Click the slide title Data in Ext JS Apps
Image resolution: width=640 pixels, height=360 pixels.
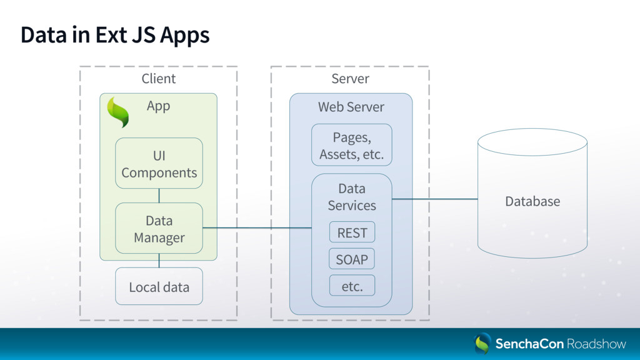click(x=115, y=36)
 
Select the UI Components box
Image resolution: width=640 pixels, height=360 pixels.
click(x=159, y=163)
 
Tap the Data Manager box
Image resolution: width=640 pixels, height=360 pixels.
click(x=159, y=228)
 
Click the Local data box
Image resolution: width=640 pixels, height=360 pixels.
click(x=159, y=286)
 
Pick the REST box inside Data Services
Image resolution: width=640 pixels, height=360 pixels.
click(x=352, y=232)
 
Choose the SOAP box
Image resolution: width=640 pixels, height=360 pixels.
click(x=352, y=259)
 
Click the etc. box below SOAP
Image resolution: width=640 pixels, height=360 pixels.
click(x=352, y=286)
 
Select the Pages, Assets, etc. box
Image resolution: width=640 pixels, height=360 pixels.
click(x=352, y=145)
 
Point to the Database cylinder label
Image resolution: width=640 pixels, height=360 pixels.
click(x=532, y=201)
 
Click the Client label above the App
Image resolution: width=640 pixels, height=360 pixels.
click(x=158, y=78)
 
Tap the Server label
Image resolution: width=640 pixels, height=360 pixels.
click(x=350, y=78)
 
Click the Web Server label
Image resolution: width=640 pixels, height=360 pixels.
click(x=351, y=107)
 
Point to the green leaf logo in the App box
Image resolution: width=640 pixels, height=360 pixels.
click(x=118, y=112)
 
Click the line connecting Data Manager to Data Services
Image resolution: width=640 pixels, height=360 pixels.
click(x=257, y=227)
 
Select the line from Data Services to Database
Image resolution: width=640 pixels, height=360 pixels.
click(x=435, y=199)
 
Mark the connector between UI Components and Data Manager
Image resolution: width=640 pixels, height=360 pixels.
click(x=159, y=196)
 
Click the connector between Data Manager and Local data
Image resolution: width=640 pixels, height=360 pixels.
click(x=159, y=261)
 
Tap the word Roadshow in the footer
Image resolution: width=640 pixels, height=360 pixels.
click(x=596, y=344)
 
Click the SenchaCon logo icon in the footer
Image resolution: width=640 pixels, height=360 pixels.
click(x=482, y=343)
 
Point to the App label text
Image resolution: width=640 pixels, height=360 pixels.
click(x=158, y=106)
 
